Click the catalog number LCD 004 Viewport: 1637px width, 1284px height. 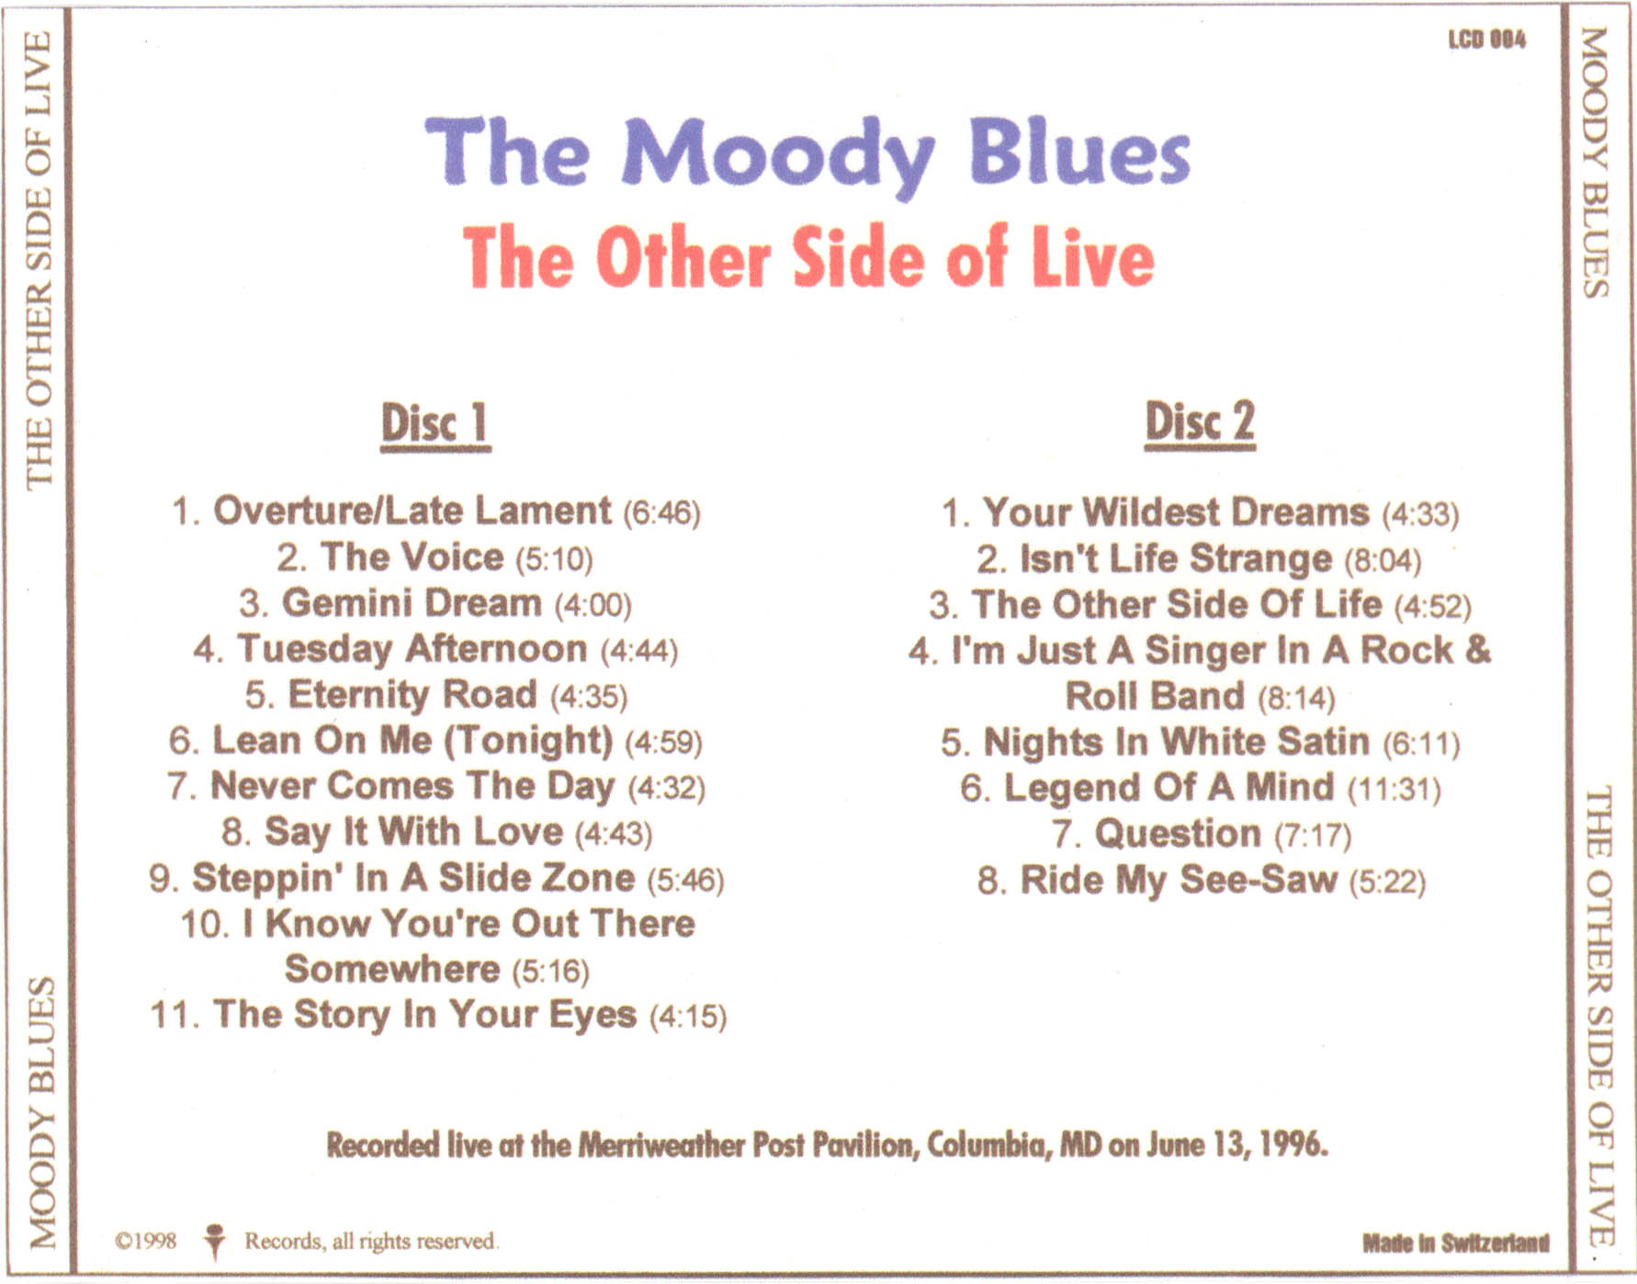coord(1486,39)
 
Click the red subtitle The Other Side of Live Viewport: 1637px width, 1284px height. coord(808,258)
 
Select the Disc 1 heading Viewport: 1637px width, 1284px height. coord(435,424)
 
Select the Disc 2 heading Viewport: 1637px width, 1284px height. coord(1200,423)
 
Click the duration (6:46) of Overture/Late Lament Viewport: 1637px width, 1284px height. coord(661,512)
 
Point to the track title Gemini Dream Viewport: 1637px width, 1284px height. coord(412,603)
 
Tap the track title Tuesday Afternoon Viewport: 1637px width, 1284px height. coord(412,648)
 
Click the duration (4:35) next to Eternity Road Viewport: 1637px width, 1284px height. coord(589,696)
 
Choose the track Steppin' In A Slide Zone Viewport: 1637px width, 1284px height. coord(413,877)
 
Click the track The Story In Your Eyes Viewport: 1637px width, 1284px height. coord(425,1015)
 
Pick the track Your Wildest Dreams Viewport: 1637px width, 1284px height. coord(1176,512)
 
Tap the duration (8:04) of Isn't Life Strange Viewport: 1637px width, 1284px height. coord(1383,560)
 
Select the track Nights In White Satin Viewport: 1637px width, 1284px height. coord(1177,742)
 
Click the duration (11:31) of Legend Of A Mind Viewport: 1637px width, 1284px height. coord(1394,789)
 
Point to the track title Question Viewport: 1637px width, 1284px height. coord(1178,834)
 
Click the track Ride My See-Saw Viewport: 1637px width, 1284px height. coord(1179,880)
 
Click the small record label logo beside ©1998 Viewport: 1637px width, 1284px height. coord(214,1241)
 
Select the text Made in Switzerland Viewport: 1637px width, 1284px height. coord(1455,1244)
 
